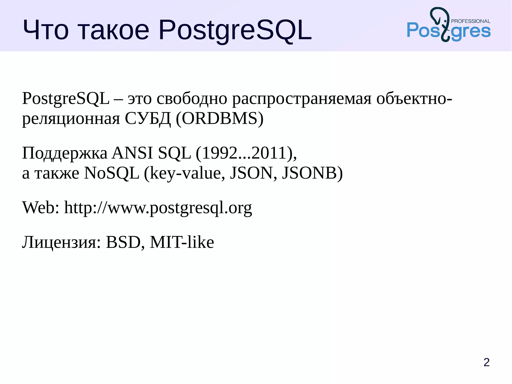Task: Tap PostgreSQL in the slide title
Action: tap(235, 31)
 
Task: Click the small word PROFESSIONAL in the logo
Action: tap(470, 21)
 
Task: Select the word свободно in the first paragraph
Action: tap(192, 99)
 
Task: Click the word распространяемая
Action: tap(302, 99)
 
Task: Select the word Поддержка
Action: tap(64, 153)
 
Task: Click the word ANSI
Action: tap(132, 153)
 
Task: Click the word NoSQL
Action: tap(111, 173)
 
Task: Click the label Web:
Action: tap(41, 207)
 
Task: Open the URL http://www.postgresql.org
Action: tap(158, 208)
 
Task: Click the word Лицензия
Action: tap(61, 242)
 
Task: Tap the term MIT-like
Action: tap(182, 242)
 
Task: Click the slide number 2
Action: tap(486, 362)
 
